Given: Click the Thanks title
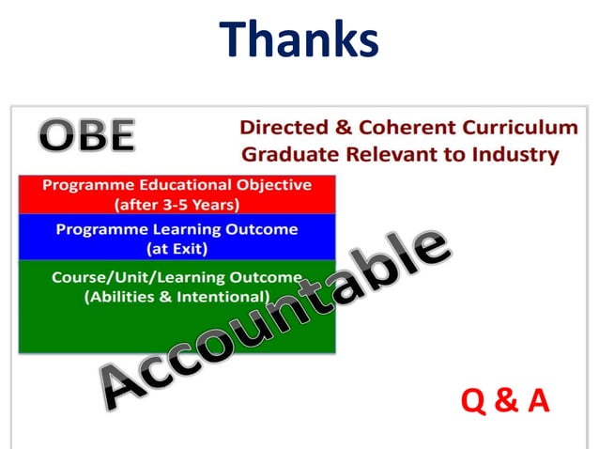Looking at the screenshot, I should pos(299,39).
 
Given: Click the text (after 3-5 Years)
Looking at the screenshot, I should pos(176,203).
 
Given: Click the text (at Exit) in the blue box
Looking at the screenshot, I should pos(177,248).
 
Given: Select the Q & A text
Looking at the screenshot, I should pos(505,401).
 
